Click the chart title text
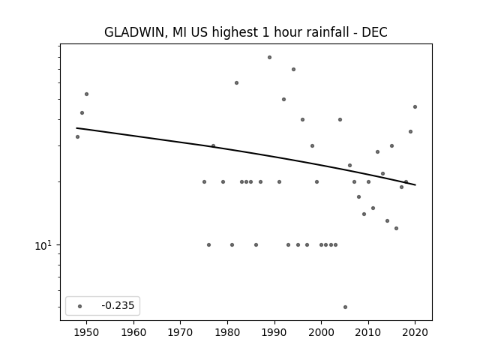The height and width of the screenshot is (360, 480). pos(246,32)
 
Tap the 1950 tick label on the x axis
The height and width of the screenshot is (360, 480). pos(87,332)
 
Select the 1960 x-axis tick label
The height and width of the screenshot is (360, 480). pos(133,332)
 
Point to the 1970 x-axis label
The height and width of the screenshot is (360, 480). pos(180,332)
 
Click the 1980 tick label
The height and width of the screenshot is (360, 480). pos(227,332)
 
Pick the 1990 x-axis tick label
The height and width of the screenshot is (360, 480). pos(274,332)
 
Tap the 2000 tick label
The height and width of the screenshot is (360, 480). pos(321,332)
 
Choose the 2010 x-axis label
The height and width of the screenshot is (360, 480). pos(368,332)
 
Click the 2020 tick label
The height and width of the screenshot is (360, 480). pos(415,332)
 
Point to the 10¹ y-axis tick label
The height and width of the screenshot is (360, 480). pos(43,245)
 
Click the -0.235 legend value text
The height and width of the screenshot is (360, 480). pos(118,305)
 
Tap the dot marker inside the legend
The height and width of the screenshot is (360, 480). pos(80,306)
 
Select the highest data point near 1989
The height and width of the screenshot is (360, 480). pos(269,57)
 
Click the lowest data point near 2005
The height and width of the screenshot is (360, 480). pos(345,307)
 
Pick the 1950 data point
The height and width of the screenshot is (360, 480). pos(87,94)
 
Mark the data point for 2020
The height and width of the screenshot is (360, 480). pos(415,106)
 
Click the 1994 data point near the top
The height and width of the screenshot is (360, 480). pos(293,69)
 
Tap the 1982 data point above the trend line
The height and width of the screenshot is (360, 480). pos(237,82)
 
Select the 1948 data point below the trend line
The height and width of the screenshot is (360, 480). pos(77,136)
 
